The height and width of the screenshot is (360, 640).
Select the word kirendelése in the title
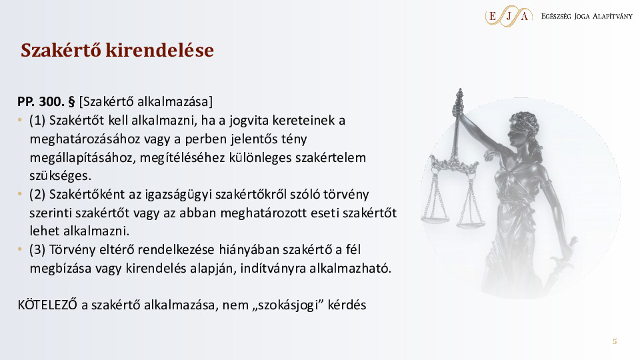click(x=159, y=50)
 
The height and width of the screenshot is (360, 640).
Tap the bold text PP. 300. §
click(x=46, y=101)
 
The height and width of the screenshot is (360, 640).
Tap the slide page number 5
click(x=615, y=341)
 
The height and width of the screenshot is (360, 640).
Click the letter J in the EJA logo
click(x=509, y=16)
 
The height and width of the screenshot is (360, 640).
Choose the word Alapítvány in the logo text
click(x=612, y=16)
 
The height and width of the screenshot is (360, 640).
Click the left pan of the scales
click(x=435, y=219)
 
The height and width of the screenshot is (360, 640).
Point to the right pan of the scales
click(x=471, y=223)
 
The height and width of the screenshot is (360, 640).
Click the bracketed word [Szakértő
click(x=107, y=101)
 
